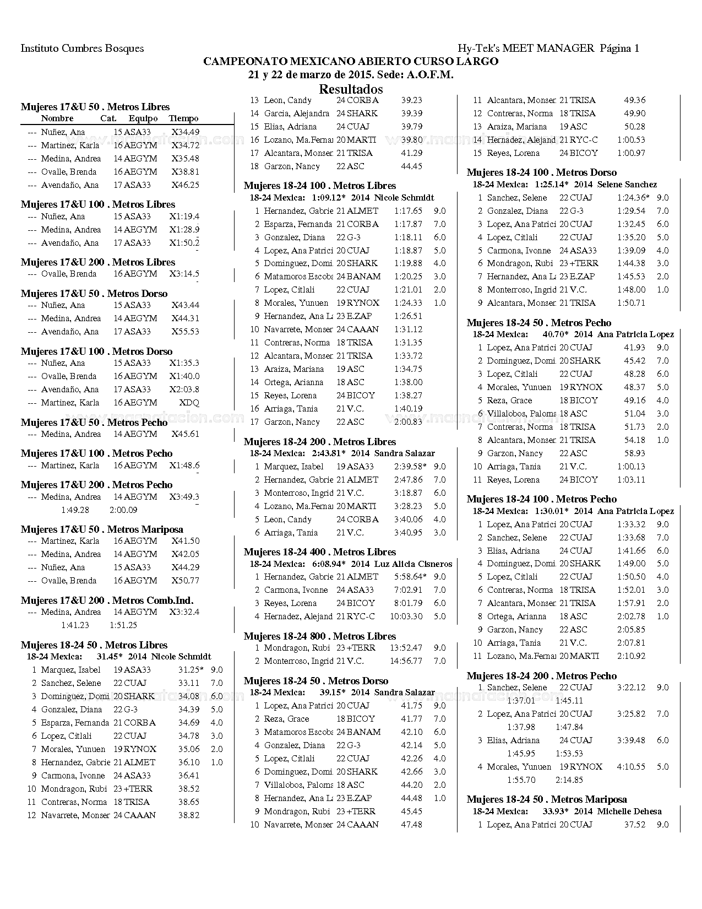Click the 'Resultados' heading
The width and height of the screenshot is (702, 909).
351,89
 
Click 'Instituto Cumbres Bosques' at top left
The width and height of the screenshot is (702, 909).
82,48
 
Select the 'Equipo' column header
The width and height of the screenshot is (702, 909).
143,118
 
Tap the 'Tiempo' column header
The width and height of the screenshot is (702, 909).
183,118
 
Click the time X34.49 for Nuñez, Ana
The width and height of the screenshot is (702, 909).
185,132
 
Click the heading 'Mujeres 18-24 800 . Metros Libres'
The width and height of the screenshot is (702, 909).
320,636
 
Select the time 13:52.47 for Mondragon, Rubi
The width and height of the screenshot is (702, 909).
406,648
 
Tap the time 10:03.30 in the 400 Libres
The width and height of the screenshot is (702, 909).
406,616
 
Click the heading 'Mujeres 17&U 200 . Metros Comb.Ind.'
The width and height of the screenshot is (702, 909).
107,600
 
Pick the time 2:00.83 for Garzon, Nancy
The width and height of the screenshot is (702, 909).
408,422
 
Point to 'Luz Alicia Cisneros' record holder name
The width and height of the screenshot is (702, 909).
413,564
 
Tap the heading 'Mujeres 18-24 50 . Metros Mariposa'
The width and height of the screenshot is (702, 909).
546,799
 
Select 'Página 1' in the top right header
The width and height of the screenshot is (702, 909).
619,48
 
